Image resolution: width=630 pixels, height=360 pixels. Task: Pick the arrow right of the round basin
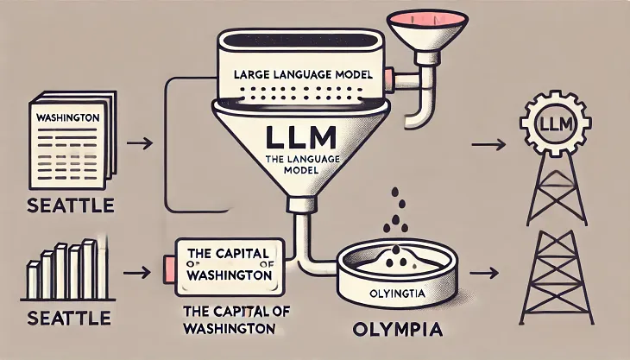click(488, 272)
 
